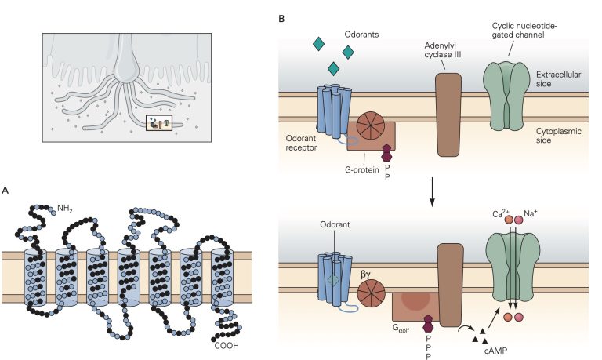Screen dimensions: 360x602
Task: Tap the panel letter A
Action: pos(6,190)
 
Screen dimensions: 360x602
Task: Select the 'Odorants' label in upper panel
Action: pos(361,35)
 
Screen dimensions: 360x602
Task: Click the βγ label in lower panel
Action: pos(366,275)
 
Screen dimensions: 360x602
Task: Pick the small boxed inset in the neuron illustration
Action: pos(159,122)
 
